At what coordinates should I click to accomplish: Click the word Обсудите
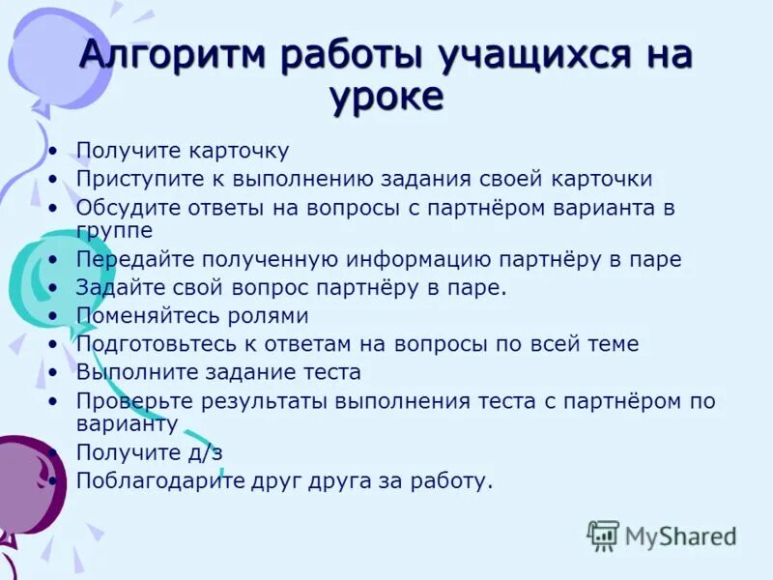(120, 207)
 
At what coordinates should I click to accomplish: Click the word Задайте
(115, 287)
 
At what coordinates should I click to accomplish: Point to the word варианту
(127, 423)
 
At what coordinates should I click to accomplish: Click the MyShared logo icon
(604, 534)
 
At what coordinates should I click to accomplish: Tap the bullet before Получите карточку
(53, 152)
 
